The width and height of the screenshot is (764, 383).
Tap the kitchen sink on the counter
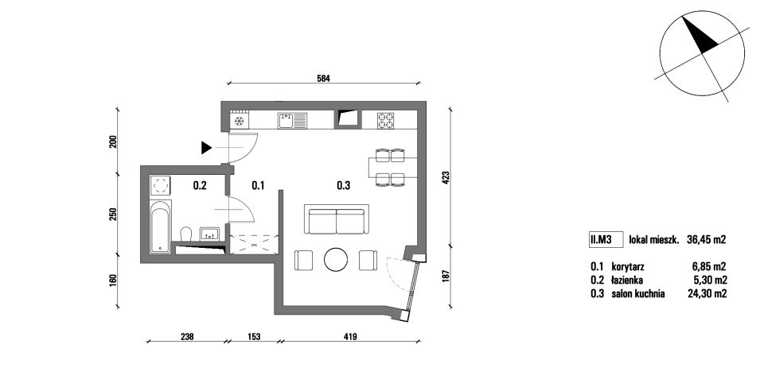[x=292, y=120]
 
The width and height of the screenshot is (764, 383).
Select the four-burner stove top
[x=385, y=120]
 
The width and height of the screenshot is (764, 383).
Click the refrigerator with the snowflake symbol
[x=240, y=121]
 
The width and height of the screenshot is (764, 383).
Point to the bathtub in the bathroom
[x=160, y=226]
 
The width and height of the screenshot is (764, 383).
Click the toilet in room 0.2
[x=185, y=234]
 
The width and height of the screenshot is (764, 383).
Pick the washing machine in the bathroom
[x=160, y=185]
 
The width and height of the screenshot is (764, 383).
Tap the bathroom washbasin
[x=210, y=234]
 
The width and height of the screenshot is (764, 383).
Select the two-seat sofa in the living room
[x=337, y=219]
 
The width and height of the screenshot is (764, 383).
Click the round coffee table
[x=336, y=260]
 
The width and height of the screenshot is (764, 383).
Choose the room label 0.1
[x=258, y=185]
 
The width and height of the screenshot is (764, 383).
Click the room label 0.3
[x=344, y=185]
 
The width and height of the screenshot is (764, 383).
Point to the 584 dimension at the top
[x=324, y=78]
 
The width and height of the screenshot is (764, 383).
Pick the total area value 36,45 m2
[x=707, y=239]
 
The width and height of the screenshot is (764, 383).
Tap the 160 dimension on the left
[x=113, y=281]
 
